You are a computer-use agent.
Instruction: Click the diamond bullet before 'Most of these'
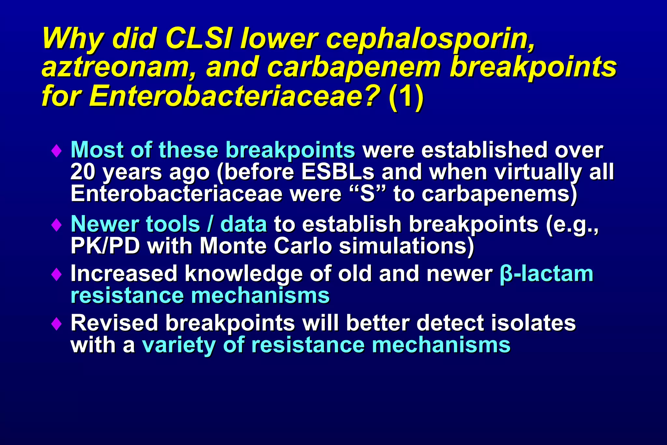[x=57, y=151]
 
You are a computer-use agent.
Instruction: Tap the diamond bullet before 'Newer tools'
[x=57, y=225]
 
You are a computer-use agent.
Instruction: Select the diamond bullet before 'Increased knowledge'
[x=57, y=274]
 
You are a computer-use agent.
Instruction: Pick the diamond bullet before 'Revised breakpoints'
[x=57, y=324]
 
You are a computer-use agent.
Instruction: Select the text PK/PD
[x=105, y=246]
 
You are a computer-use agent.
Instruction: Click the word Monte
[x=233, y=246]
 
